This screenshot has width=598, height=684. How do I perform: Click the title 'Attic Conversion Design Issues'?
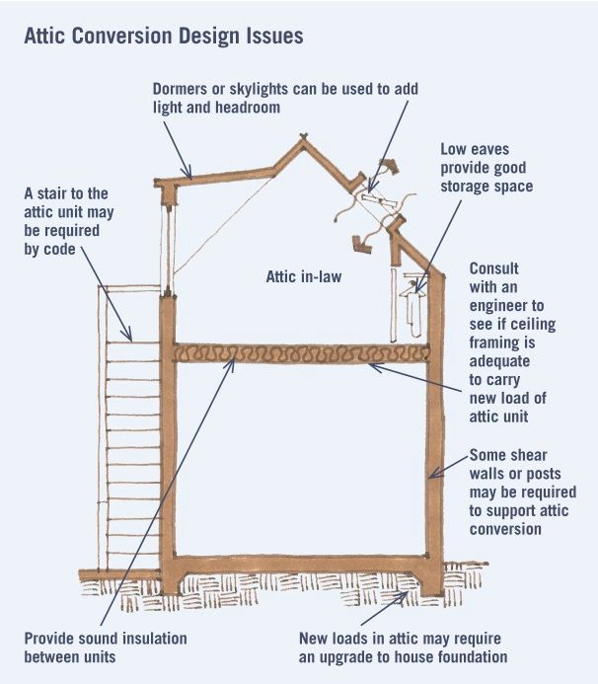163,35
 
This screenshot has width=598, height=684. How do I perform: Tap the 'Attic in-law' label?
304,276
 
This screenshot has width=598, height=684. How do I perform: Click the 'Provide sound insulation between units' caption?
106,647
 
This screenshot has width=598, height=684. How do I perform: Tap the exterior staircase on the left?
131,434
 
